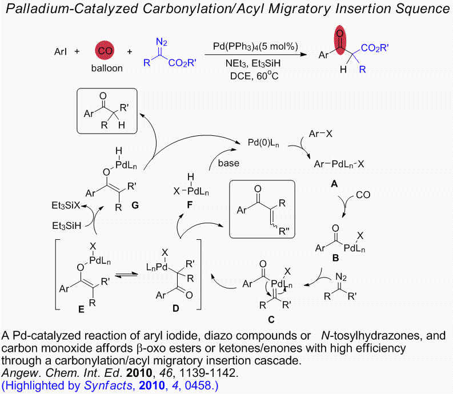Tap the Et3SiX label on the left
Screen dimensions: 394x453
64,203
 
